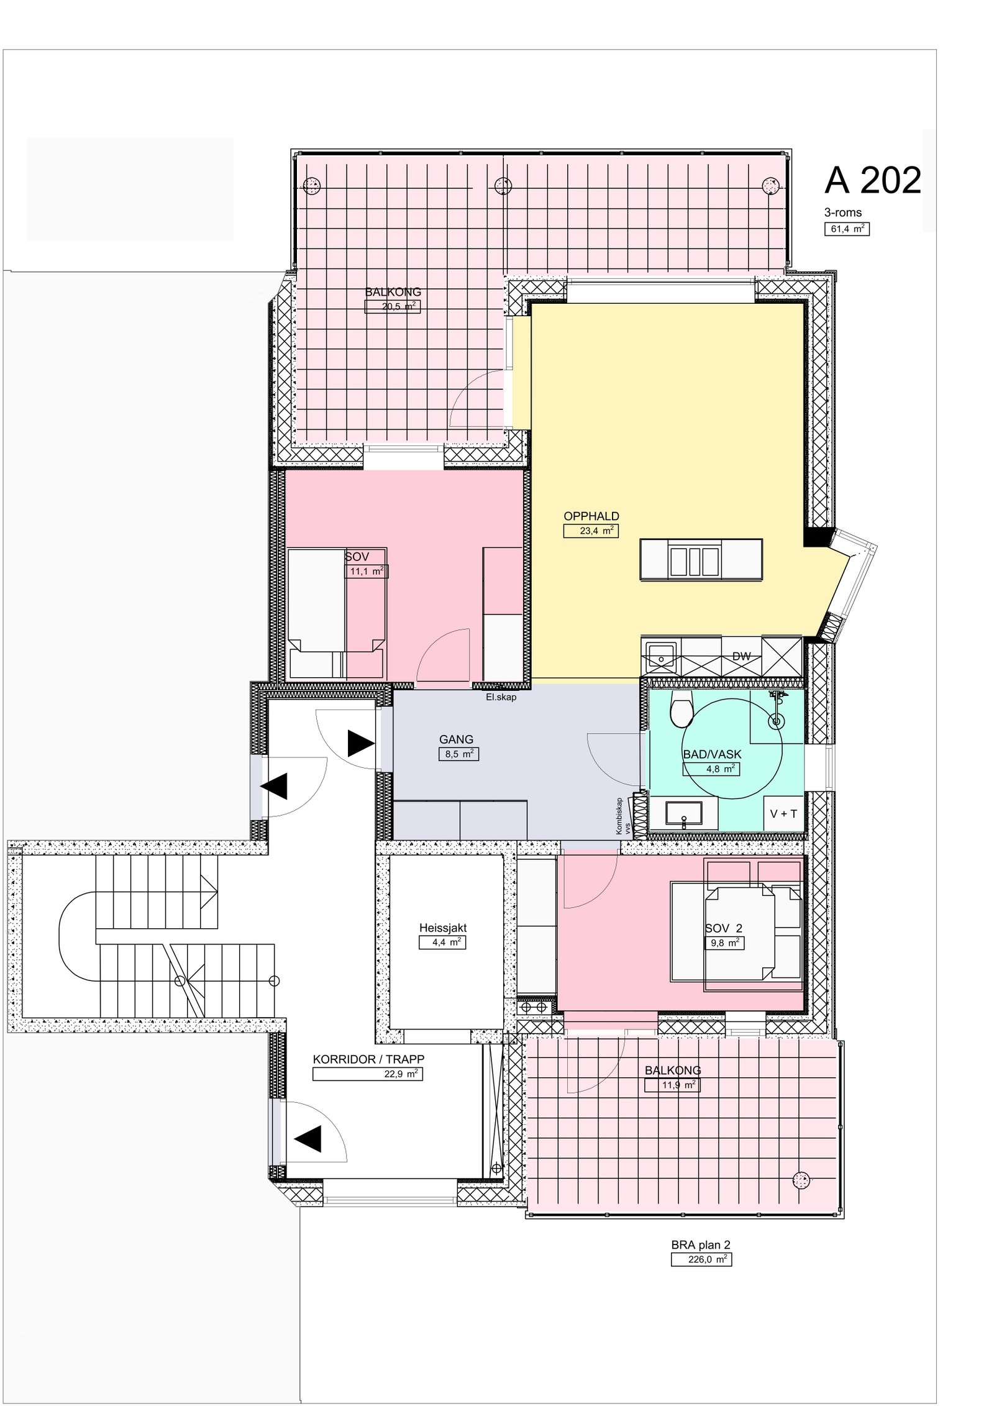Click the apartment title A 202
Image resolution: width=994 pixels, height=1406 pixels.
[x=872, y=181]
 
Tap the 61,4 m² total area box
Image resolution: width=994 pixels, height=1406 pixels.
[x=846, y=229]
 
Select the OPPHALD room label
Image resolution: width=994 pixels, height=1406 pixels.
[x=591, y=516]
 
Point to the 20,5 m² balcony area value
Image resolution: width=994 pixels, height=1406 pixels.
[x=390, y=306]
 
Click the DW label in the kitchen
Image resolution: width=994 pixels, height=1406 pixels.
[x=741, y=656]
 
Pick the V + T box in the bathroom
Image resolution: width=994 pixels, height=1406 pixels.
[x=783, y=813]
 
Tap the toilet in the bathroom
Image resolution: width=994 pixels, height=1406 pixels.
[x=682, y=711]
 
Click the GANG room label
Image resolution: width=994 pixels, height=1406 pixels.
[x=456, y=739]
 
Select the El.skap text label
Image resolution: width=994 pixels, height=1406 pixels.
[x=501, y=697]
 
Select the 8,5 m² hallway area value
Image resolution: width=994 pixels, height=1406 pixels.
[x=458, y=754]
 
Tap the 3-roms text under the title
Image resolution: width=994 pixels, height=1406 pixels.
[x=842, y=212]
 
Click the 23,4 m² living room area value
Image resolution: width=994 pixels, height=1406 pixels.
[x=590, y=531]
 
